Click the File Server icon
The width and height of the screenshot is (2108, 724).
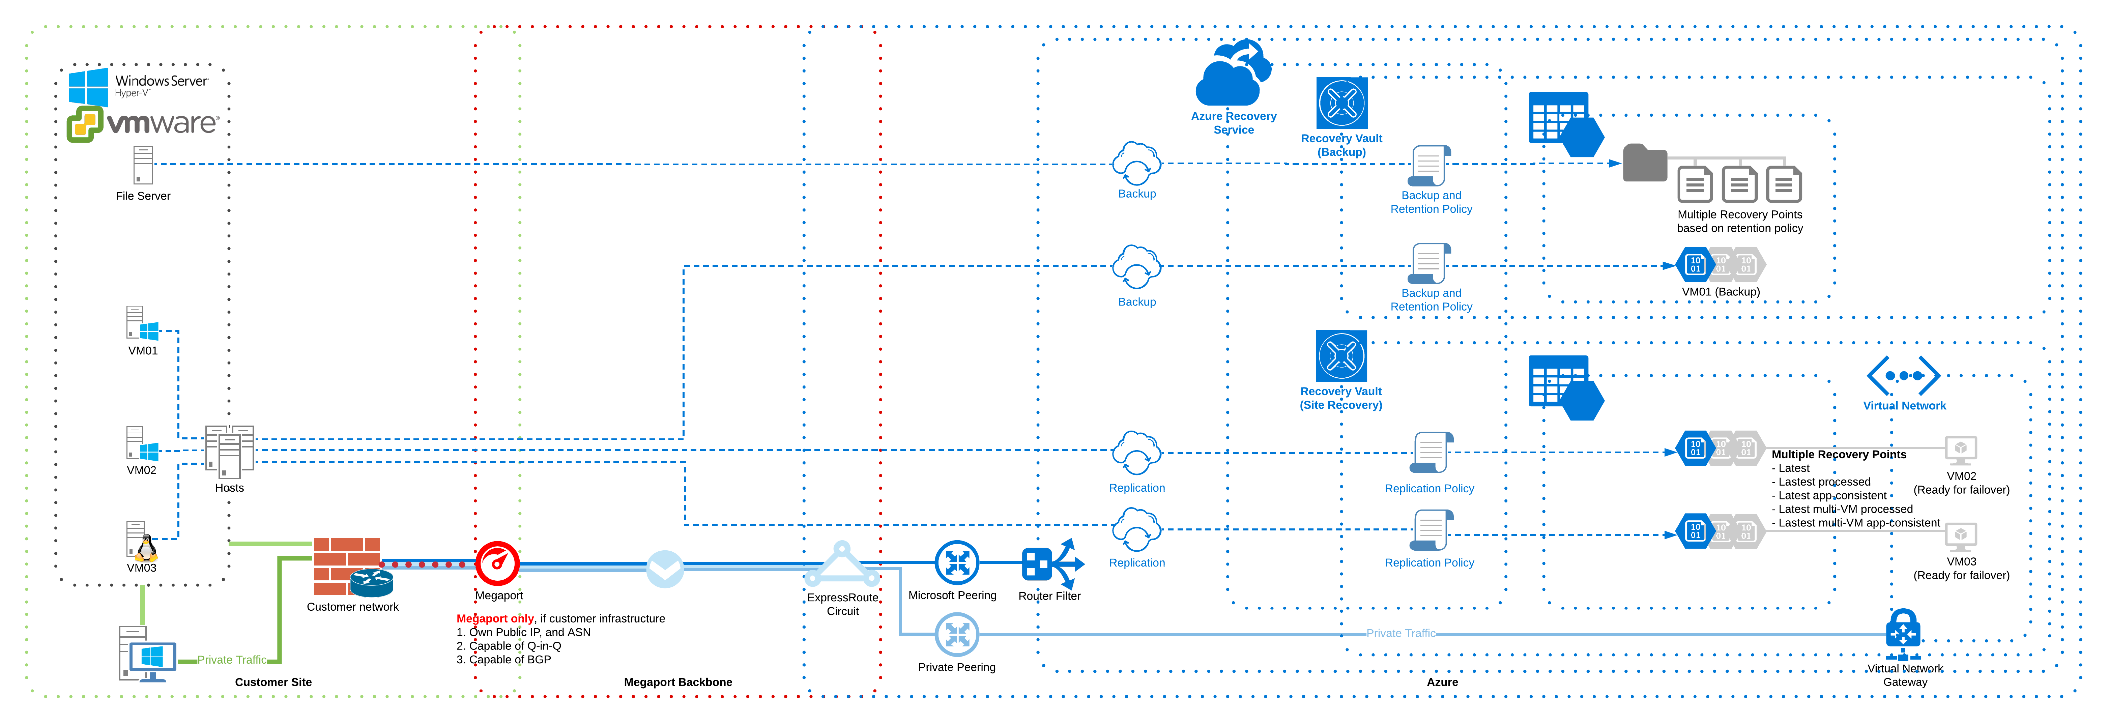point(143,165)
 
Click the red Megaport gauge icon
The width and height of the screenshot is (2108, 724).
point(497,563)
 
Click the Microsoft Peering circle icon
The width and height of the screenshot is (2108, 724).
point(957,563)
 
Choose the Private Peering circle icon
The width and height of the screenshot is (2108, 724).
point(957,634)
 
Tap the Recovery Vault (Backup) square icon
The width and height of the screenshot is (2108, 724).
point(1341,103)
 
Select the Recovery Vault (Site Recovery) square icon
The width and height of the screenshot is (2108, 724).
point(1341,356)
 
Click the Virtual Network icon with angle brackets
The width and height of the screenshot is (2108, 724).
point(1903,376)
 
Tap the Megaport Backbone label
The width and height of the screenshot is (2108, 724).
point(677,682)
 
